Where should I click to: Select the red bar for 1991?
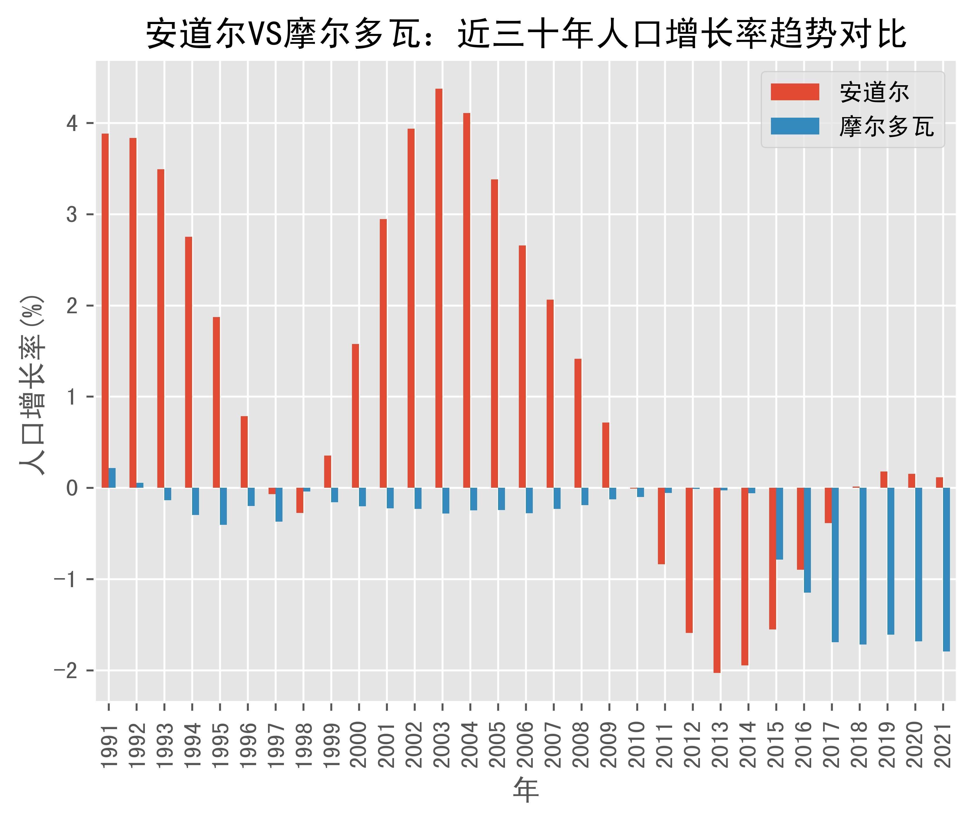(105, 311)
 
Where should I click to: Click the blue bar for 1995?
(223, 506)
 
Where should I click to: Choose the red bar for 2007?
(550, 394)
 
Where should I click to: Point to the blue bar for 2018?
(863, 566)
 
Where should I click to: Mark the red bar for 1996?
(244, 452)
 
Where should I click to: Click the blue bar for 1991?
(112, 478)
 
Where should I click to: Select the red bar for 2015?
(772, 558)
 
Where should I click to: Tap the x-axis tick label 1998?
(303, 745)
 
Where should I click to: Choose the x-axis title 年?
(526, 790)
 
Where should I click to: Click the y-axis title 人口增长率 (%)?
(32, 385)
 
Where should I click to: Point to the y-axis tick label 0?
(72, 488)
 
